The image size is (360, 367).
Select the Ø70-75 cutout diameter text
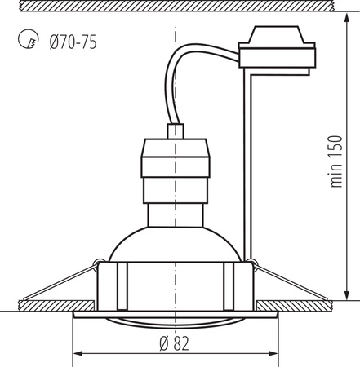pos(73,42)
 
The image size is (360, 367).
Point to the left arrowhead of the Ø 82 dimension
pos(78,354)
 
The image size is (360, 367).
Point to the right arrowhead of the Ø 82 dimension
pos(272,354)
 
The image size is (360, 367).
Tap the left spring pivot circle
pos(97,263)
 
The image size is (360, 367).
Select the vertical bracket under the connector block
pos(247,163)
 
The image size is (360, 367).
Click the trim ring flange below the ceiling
pos(175,312)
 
